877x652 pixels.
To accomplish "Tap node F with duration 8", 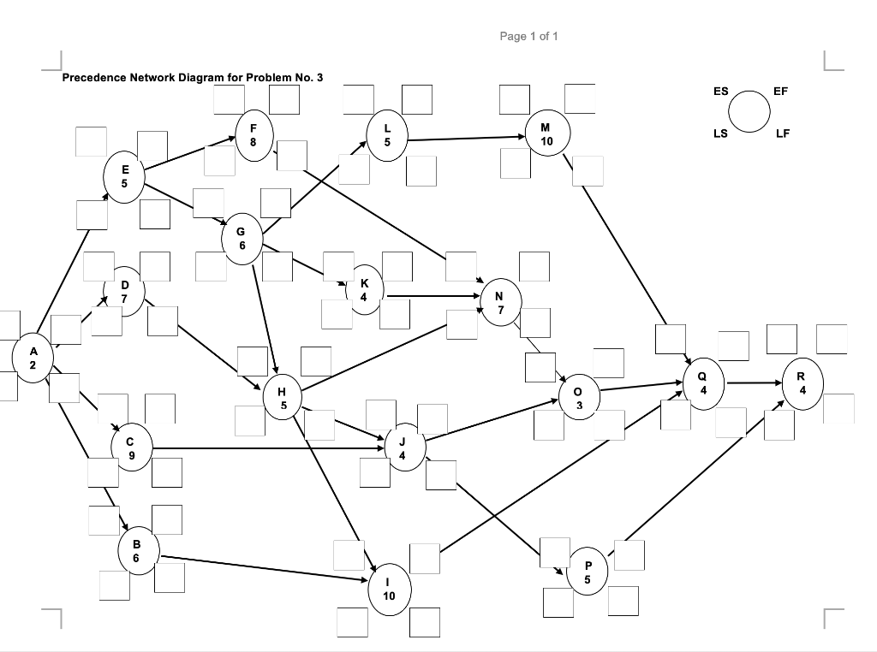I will pyautogui.click(x=253, y=136).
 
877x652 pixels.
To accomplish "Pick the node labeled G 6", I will pyautogui.click(x=242, y=237).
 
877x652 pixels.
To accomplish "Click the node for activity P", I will pyautogui.click(x=587, y=572).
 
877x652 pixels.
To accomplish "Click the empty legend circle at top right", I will pyautogui.click(x=749, y=112).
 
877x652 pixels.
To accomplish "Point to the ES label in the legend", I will pyautogui.click(x=720, y=91).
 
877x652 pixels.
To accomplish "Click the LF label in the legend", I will pyautogui.click(x=783, y=133).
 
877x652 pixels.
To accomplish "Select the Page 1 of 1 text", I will pyautogui.click(x=528, y=36).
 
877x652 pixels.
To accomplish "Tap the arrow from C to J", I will pyautogui.click(x=265, y=448).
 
